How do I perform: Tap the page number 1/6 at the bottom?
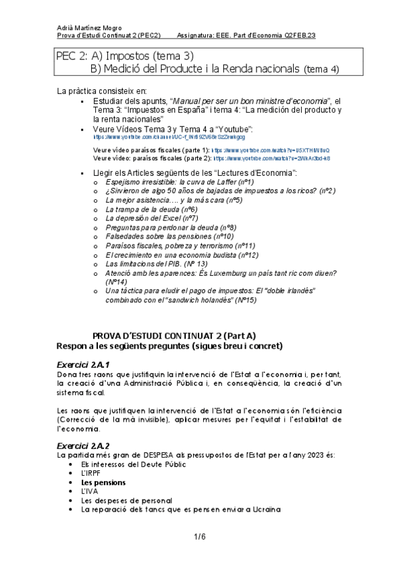[x=199, y=536]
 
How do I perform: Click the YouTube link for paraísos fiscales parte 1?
[x=270, y=151]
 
